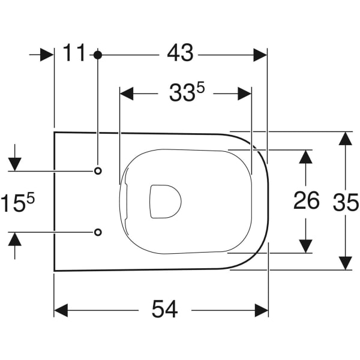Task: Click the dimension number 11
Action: (75, 54)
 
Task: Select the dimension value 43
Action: (179, 54)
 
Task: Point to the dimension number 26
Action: (306, 201)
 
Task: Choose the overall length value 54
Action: (164, 310)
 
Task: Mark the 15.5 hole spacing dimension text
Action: (16, 202)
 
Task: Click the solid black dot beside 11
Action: (98, 55)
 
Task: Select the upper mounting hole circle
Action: (98, 171)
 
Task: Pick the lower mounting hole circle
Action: (98, 232)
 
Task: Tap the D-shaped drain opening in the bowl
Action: (163, 200)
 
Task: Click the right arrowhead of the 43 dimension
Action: (260, 55)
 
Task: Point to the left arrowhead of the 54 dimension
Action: (61, 310)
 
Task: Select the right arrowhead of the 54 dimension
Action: (261, 310)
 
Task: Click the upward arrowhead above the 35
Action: (344, 138)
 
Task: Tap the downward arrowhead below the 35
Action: (344, 263)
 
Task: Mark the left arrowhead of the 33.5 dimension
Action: (127, 94)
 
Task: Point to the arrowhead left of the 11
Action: (47, 55)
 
